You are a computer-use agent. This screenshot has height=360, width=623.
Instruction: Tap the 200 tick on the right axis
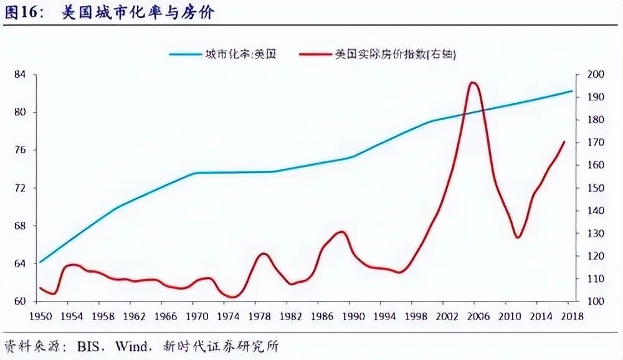tap(595, 75)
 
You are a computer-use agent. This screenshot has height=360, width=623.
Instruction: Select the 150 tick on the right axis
tap(595, 188)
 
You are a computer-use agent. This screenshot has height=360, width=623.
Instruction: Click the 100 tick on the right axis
tap(595, 301)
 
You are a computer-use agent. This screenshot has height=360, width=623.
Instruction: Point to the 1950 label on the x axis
tap(41, 316)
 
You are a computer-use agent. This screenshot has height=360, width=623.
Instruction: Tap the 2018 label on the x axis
tap(571, 316)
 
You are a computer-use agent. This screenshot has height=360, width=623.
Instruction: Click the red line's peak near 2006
tap(473, 82)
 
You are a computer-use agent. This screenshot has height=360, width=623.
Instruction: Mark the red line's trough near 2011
tap(517, 237)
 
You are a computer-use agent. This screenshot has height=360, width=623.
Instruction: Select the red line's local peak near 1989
tap(341, 232)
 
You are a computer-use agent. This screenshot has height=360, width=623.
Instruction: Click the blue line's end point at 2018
tap(572, 91)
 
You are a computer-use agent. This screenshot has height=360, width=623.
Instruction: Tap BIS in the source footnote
tap(90, 346)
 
